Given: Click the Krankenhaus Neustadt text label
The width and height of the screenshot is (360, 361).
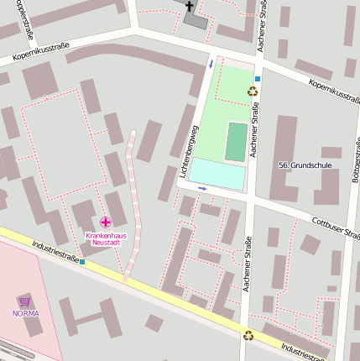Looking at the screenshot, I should tap(105, 238).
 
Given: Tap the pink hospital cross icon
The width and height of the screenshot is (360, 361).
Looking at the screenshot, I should tap(105, 222).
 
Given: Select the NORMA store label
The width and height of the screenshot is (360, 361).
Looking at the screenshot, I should tap(25, 313).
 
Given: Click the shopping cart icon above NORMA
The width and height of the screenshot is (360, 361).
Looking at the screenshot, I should tap(25, 301).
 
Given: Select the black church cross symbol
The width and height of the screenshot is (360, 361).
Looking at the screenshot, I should tap(190, 8).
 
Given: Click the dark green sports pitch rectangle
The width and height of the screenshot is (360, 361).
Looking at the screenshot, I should tap(237, 142).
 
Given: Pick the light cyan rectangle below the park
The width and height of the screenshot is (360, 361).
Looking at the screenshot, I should tap(217, 175).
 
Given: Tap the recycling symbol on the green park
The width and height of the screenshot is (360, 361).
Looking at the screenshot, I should tap(252, 91).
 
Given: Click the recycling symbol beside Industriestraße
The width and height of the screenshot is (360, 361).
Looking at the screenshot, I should tap(248, 335).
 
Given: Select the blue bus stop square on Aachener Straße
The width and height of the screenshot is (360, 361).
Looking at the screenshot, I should tap(258, 79).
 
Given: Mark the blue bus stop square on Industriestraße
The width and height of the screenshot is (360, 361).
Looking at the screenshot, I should tap(82, 262).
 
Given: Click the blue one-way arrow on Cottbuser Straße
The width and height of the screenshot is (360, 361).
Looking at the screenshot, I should tap(203, 189).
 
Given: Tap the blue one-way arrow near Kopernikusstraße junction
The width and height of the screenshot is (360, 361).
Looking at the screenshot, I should tap(211, 64).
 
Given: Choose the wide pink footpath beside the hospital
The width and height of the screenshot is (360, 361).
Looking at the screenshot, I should tap(130, 201).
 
